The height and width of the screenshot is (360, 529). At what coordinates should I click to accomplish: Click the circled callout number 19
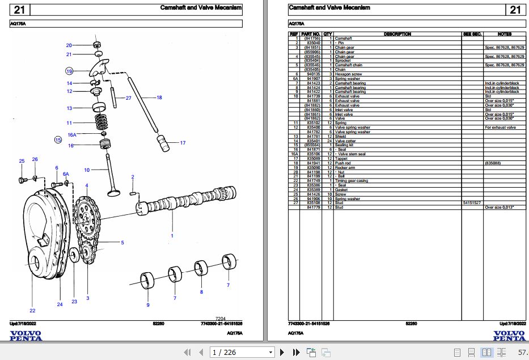[x=69, y=71]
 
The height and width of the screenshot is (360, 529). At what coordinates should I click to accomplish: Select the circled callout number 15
[x=57, y=139]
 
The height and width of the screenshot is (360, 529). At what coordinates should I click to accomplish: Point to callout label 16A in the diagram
[x=72, y=135]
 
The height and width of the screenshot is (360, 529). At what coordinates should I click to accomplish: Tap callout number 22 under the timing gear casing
[x=32, y=310]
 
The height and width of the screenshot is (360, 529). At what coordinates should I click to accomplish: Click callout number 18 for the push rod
[x=159, y=98]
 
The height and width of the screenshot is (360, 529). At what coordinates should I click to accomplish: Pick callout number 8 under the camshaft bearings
[x=201, y=292]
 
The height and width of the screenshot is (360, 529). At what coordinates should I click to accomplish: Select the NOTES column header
[x=504, y=34]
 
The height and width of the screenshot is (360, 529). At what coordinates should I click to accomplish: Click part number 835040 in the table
[x=314, y=43]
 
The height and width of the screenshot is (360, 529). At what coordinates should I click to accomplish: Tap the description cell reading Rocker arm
[x=346, y=167]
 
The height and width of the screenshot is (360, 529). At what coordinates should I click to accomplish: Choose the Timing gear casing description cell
[x=352, y=181]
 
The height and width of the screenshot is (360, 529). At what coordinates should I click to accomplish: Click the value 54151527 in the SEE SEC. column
[x=471, y=203]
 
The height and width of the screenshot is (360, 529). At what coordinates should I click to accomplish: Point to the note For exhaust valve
[x=500, y=128]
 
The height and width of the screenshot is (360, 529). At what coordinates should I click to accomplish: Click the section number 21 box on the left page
[x=19, y=10]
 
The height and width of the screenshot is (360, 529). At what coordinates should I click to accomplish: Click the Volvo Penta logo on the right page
[x=509, y=336]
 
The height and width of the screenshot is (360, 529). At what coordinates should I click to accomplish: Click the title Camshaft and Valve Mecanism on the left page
[x=201, y=8]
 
